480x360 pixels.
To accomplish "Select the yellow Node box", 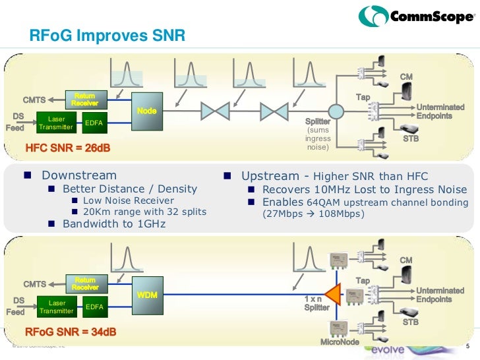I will [x=146, y=111].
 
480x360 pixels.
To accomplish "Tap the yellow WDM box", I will [x=146, y=295].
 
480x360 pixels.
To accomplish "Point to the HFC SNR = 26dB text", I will [x=67, y=148].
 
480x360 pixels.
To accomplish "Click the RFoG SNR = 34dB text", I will [x=69, y=331].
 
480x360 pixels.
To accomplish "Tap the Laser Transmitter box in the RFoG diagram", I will [x=56, y=307].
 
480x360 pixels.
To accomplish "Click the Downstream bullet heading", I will [x=78, y=176].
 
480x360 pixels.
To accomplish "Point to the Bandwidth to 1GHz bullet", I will [x=113, y=224].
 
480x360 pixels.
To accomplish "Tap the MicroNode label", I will [x=339, y=342].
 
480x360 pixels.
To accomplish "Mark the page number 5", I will [x=467, y=347].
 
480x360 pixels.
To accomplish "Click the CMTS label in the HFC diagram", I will [x=34, y=100].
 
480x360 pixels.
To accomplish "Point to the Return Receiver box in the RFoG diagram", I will [x=85, y=284].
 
